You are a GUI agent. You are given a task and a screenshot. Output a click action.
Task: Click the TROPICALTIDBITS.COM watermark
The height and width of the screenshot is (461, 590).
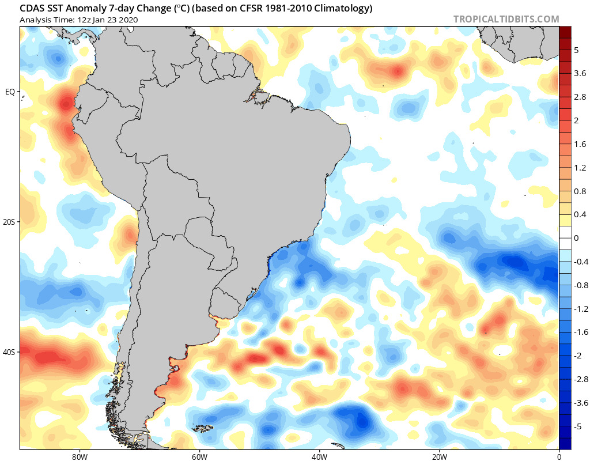click(x=506, y=19)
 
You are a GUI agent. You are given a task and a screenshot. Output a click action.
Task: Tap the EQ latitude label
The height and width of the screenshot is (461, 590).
click(x=10, y=92)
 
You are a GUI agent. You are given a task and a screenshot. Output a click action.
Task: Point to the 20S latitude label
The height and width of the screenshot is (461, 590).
click(x=10, y=222)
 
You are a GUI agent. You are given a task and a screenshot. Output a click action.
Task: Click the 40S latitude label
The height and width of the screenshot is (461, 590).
click(x=10, y=352)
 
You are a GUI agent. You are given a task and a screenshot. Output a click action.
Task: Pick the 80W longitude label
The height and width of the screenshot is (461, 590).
click(x=79, y=455)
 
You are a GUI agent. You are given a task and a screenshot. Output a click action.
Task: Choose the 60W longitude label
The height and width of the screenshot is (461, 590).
click(x=199, y=455)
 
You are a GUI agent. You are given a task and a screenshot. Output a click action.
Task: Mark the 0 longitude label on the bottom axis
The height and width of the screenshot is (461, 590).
click(x=559, y=455)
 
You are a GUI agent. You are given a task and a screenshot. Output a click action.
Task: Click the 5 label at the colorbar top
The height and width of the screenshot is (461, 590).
click(x=576, y=50)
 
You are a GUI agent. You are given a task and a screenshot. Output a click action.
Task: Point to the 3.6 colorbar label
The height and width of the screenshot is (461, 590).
click(x=580, y=73)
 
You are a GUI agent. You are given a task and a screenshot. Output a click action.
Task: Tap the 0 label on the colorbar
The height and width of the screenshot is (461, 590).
click(x=576, y=238)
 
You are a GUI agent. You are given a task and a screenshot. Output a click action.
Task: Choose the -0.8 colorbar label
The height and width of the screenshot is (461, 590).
click(x=581, y=285)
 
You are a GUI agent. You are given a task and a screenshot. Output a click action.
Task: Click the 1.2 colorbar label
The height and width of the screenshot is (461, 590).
click(x=580, y=168)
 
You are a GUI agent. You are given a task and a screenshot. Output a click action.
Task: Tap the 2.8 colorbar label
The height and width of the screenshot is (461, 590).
click(x=580, y=97)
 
